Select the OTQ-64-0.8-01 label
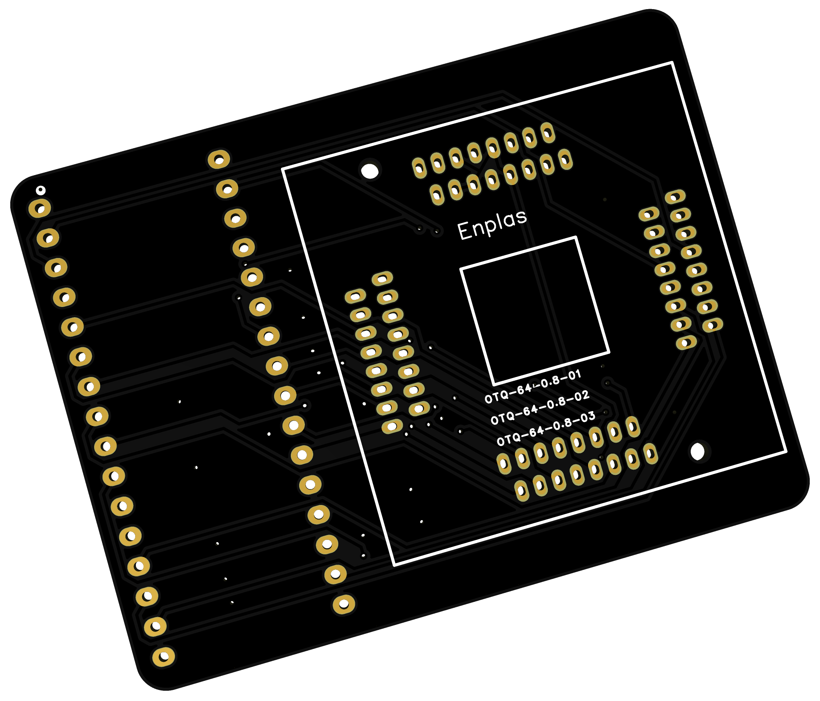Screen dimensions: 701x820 (x=533, y=386)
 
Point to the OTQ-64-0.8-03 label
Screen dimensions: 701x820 (x=546, y=429)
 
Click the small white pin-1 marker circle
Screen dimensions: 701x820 (x=40, y=190)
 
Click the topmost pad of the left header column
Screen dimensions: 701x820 (x=39, y=208)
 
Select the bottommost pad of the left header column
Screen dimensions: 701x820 (x=164, y=657)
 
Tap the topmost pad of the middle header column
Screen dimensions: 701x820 (x=219, y=160)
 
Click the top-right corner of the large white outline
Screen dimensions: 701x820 (x=672, y=63)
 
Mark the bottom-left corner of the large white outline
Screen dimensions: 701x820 (x=394, y=565)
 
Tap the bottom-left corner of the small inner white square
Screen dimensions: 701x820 (x=494, y=384)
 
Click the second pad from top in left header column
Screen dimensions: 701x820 (x=48, y=238)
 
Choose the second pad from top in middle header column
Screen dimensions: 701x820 (x=227, y=189)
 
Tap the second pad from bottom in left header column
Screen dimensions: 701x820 (x=155, y=627)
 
